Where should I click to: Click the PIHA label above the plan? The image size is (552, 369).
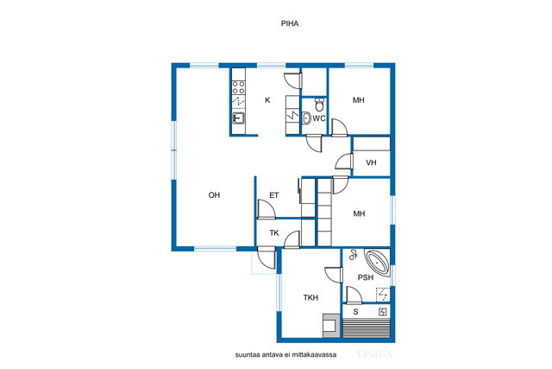click(x=290, y=23)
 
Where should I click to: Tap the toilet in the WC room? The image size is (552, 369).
click(x=319, y=105)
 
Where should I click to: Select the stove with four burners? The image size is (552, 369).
click(x=238, y=87)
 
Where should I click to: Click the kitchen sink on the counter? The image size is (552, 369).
click(x=238, y=118)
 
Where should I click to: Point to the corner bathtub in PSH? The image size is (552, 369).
click(x=378, y=262)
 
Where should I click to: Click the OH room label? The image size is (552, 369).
click(x=214, y=195)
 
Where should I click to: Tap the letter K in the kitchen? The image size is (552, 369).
click(x=267, y=100)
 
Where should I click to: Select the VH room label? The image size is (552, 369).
click(x=371, y=162)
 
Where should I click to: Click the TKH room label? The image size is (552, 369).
click(x=310, y=298)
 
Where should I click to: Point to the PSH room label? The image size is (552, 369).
click(x=366, y=277)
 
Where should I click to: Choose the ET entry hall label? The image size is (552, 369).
click(x=274, y=195)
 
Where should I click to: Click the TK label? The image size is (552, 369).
click(x=274, y=232)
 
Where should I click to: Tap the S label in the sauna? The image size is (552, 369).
click(x=355, y=312)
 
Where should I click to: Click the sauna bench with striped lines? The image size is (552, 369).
click(x=367, y=328)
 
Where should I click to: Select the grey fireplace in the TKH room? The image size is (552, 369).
click(x=331, y=326)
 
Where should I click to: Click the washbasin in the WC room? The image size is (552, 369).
click(x=306, y=118)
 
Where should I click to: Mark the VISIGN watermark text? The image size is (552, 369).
click(x=374, y=354)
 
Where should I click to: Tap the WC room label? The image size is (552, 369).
click(x=319, y=118)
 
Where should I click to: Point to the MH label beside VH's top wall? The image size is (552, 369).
click(x=359, y=100)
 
